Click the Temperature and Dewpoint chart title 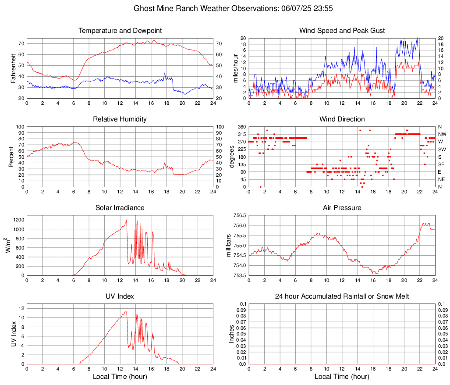[x=120, y=31]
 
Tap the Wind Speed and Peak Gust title [x=342, y=31]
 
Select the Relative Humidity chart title [x=120, y=119]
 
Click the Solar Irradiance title [x=120, y=208]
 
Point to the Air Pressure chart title [x=342, y=208]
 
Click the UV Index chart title [x=120, y=296]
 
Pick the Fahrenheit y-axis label [x=13, y=68]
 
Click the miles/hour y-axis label [x=235, y=68]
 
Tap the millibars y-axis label [x=228, y=246]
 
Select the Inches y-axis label [x=232, y=334]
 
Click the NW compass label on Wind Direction [x=443, y=134]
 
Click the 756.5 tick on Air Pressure [x=239, y=216]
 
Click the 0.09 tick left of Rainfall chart [x=241, y=310]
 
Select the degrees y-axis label [x=232, y=157]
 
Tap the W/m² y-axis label [x=9, y=246]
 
